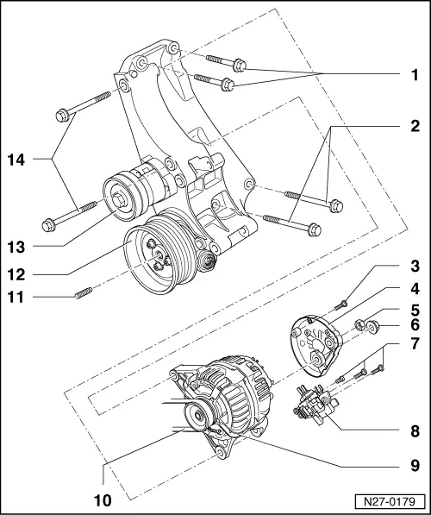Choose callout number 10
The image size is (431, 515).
[102, 498]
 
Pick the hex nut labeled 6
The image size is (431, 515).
[376, 327]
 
